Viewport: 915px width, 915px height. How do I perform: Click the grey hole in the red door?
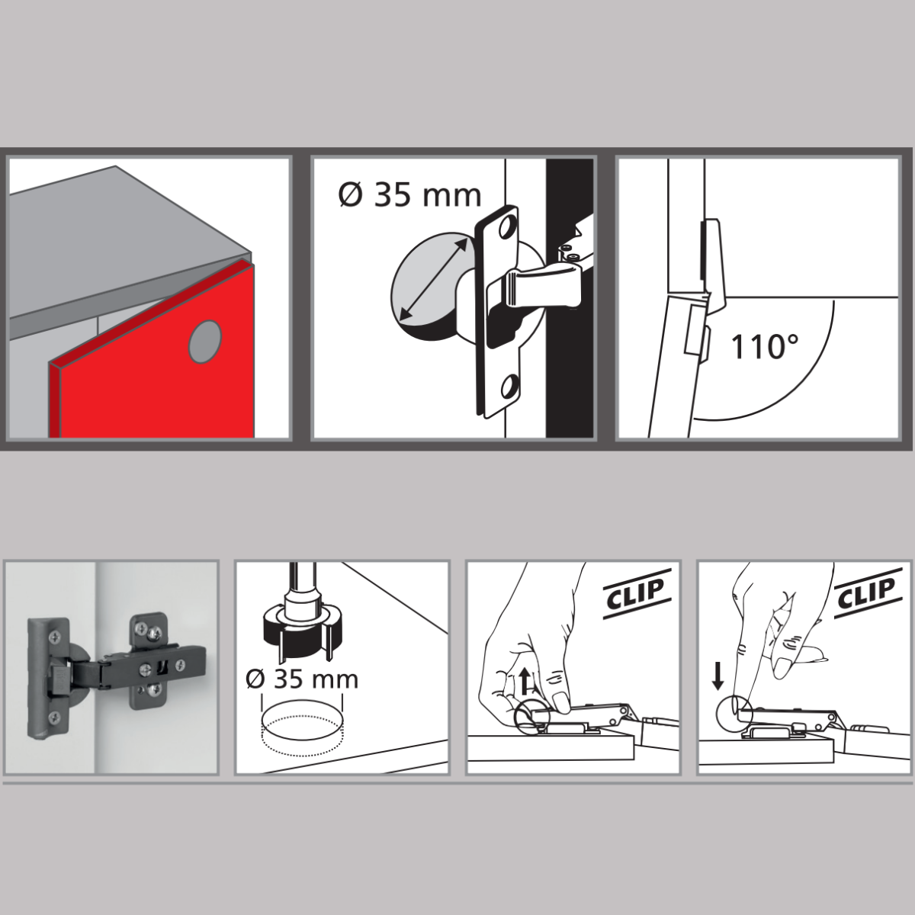point(205,341)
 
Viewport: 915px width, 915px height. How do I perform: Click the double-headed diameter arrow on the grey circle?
point(433,279)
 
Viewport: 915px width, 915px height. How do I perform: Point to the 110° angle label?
point(765,347)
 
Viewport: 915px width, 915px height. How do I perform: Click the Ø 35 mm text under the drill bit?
point(302,679)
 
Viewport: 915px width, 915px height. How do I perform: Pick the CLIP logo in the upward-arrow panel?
point(636,594)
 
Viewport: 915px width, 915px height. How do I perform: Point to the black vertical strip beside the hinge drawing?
point(570,298)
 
